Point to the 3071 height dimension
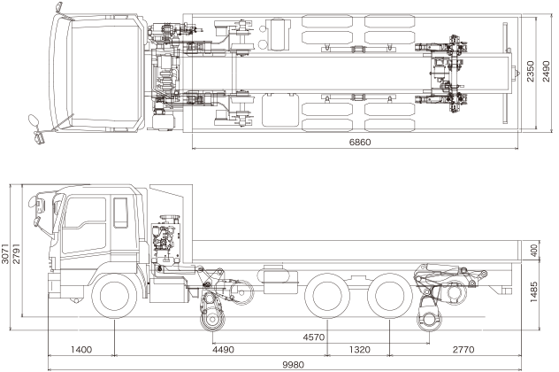(x=6, y=253)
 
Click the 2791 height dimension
(x=17, y=253)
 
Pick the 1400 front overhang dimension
(x=82, y=349)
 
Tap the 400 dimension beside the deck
(x=534, y=251)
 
